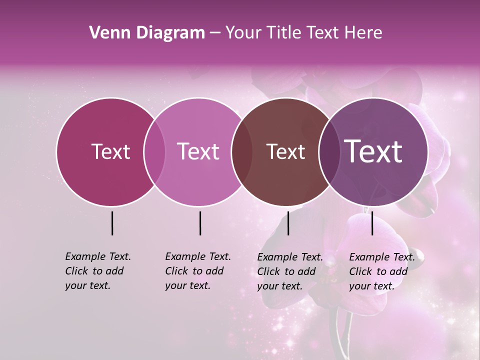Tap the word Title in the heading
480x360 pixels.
click(283, 33)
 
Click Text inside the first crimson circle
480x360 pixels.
click(110, 152)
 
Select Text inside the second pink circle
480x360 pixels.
click(198, 152)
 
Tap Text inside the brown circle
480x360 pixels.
click(285, 152)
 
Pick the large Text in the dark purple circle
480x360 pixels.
click(373, 152)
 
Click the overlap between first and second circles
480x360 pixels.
click(154, 152)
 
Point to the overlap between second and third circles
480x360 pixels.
click(242, 152)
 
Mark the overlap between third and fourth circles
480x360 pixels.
click(329, 152)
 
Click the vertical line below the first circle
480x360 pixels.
click(112, 223)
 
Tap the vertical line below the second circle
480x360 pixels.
click(200, 223)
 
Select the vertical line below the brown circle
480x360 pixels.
click(288, 223)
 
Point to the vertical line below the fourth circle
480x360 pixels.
click(372, 223)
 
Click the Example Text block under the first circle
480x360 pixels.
click(97, 271)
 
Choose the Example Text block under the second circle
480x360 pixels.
click(197, 271)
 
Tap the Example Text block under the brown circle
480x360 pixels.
click(289, 271)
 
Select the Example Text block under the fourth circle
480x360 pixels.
click(381, 271)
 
